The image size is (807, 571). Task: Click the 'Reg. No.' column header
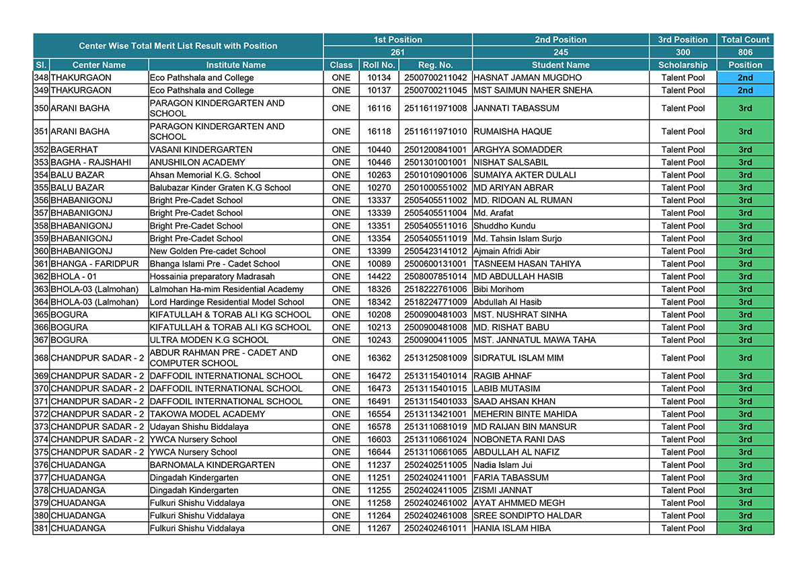tap(435, 65)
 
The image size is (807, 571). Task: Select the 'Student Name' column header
tap(560, 65)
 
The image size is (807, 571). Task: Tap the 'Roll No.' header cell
tap(379, 65)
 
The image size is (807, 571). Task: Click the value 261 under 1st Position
tap(397, 52)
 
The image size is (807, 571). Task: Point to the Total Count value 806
tap(745, 52)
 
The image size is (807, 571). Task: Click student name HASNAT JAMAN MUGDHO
tap(527, 78)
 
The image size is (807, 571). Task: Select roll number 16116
tap(379, 108)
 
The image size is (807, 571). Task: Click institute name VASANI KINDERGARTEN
tap(201, 150)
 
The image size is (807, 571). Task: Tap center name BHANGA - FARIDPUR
tap(95, 264)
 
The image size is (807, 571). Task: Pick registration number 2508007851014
tap(435, 276)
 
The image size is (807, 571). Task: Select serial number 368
tap(41, 358)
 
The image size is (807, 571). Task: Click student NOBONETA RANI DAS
tap(519, 440)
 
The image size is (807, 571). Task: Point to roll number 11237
tap(379, 465)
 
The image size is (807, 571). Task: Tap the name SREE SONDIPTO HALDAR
tap(527, 516)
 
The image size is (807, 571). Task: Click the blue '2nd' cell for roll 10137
tap(745, 91)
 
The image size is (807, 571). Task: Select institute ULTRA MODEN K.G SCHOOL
tap(209, 340)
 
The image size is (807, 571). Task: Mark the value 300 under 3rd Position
tap(683, 52)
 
